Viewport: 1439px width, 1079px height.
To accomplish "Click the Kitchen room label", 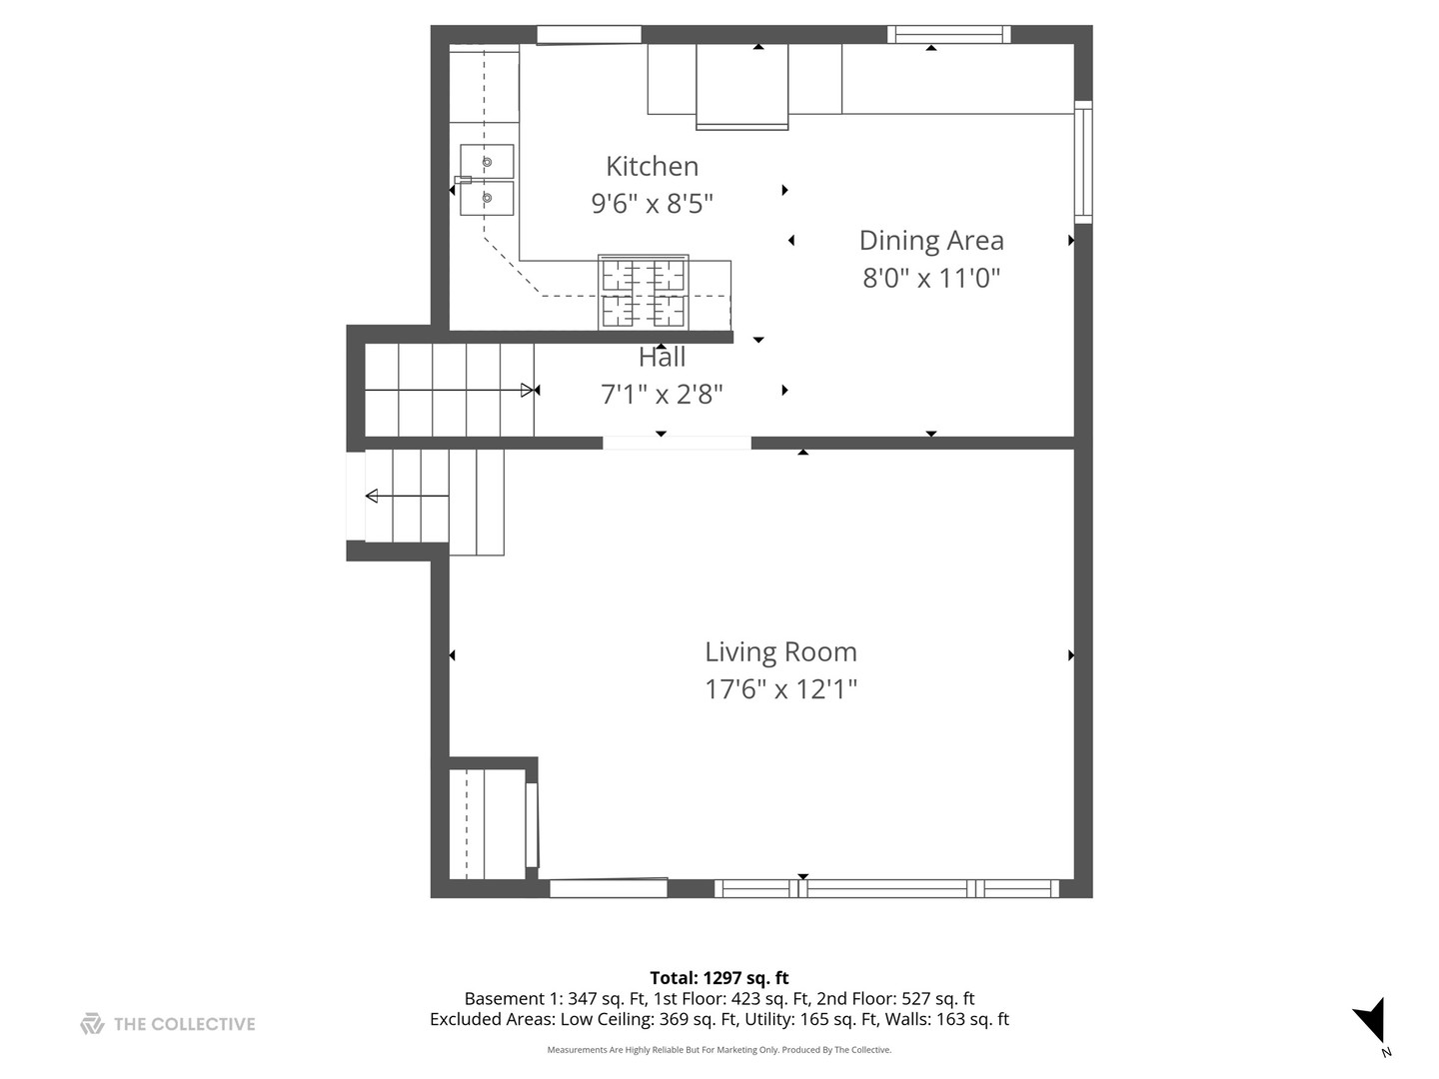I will tap(652, 166).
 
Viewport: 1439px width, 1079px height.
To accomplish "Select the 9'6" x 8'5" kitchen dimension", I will tap(652, 204).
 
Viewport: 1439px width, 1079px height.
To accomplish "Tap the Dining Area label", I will tap(931, 241).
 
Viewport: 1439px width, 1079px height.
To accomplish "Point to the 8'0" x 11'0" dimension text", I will tap(931, 278).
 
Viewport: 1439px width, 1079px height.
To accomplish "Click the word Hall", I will tap(662, 358).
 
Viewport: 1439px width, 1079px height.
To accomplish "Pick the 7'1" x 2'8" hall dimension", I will tap(662, 395).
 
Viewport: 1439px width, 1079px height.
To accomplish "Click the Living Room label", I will tap(780, 652).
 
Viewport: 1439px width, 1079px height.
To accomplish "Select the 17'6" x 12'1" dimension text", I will tap(780, 689).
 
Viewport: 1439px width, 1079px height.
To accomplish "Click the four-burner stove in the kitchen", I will tap(644, 293).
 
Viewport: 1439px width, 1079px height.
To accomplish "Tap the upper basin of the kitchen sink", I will tap(487, 161).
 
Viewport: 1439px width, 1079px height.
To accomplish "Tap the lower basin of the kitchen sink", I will tap(487, 198).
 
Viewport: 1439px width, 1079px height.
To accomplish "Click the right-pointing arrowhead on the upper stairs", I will tap(529, 391).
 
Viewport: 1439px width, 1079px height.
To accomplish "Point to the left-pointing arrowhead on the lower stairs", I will tap(372, 496).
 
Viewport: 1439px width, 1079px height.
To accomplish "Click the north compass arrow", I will tap(1372, 1021).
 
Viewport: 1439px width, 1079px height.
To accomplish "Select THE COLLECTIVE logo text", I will tap(184, 1024).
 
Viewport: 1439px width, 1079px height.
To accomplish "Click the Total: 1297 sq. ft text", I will tap(719, 978).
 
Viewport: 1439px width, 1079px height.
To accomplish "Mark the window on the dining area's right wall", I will tap(1083, 161).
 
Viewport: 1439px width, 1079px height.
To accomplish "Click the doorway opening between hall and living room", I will tap(677, 443).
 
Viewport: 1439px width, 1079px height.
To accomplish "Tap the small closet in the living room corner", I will tap(488, 823).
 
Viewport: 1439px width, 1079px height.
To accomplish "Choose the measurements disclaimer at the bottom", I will tap(719, 1050).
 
